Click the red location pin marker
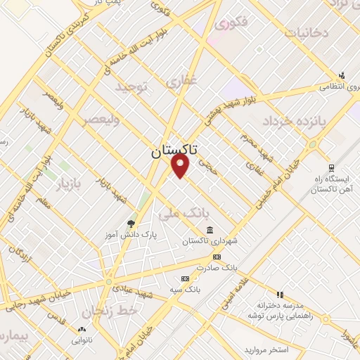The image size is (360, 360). [x=181, y=165]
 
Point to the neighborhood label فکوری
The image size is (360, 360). [x=232, y=23]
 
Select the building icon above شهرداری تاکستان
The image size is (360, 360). [x=210, y=230]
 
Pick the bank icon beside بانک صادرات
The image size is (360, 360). [x=217, y=257]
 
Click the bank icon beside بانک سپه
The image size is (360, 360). [x=185, y=278]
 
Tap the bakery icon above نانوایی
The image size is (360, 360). [x=82, y=329]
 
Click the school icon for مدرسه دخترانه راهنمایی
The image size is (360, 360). [x=280, y=295]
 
